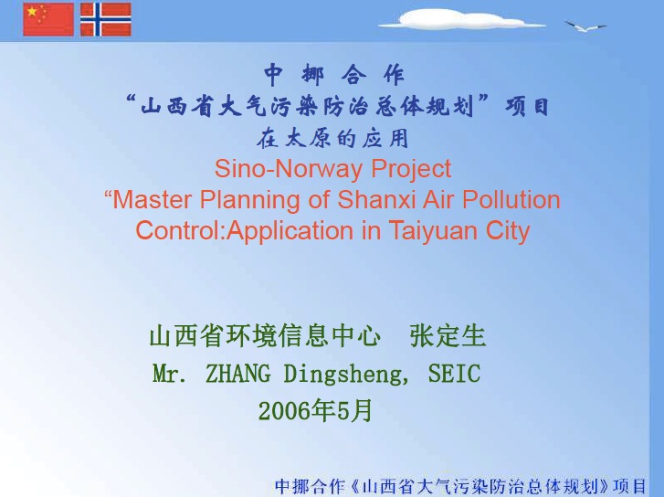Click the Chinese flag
tap(48, 19)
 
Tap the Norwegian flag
tap(105, 19)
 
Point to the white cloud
tap(461, 19)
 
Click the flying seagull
tap(585, 26)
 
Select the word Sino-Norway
tap(289, 169)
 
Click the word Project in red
tap(411, 170)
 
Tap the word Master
tap(152, 199)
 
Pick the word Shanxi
tap(376, 199)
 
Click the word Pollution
tap(511, 199)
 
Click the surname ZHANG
tap(238, 374)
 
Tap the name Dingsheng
tap(342, 375)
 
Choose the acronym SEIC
tap(454, 374)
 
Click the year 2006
tap(284, 411)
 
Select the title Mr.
tap(169, 374)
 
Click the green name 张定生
tap(448, 336)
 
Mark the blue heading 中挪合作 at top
tap(334, 75)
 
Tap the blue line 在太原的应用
tap(332, 138)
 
